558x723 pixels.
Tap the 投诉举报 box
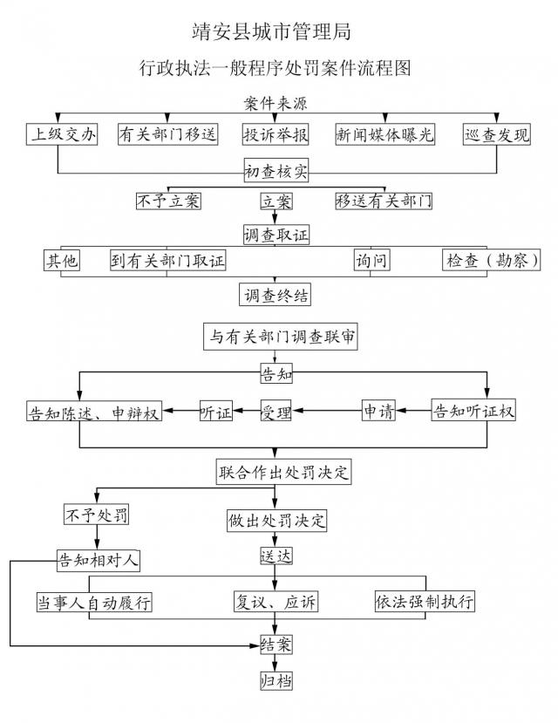coord(275,134)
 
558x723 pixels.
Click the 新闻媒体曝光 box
coord(384,134)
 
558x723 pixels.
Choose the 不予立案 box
coord(168,201)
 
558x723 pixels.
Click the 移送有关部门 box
coord(384,201)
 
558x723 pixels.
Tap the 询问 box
coord(371,260)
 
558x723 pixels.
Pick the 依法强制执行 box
coord(425,602)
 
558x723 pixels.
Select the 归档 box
coord(276,680)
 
